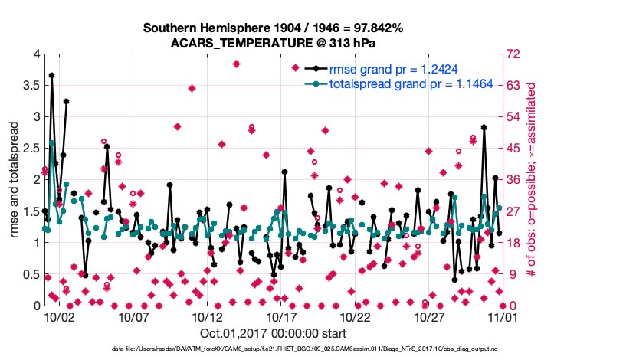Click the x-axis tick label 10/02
click(x=58, y=316)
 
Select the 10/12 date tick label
click(x=207, y=316)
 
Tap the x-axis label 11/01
click(x=503, y=316)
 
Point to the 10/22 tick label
click(x=356, y=316)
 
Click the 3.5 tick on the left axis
click(x=29, y=85)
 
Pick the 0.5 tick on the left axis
click(x=29, y=274)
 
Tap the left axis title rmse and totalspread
click(x=15, y=179)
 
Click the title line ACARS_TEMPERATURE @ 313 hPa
click(x=273, y=42)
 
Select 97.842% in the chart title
click(x=375, y=28)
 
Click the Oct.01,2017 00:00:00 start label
click(x=273, y=333)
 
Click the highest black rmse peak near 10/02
click(x=51, y=75)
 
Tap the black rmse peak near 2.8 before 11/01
click(x=484, y=127)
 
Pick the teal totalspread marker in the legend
click(x=314, y=83)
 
